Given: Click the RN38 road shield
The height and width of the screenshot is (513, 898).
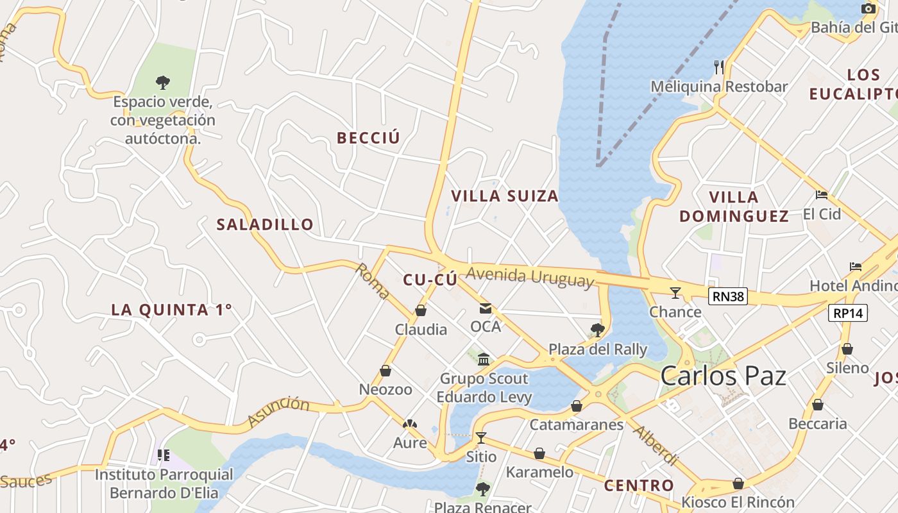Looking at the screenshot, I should tap(728, 296).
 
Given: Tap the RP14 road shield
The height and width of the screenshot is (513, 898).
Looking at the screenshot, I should tap(847, 313).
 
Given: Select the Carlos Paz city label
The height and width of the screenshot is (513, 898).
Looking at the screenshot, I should tap(723, 375).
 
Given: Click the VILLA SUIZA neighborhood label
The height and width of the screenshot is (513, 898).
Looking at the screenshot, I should tap(505, 196).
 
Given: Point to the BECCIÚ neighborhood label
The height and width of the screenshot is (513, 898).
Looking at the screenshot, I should tap(368, 138).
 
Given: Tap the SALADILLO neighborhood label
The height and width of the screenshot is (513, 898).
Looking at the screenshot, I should tap(265, 224).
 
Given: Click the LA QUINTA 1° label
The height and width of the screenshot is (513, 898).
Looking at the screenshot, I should tap(171, 310).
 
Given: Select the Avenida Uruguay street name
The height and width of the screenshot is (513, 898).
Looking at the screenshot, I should tap(530, 277).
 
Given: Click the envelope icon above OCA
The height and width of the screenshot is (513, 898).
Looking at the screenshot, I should tap(485, 308).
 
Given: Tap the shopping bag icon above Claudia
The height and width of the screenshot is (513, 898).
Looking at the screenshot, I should tap(421, 311).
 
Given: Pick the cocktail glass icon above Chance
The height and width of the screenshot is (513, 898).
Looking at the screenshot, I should tap(675, 293).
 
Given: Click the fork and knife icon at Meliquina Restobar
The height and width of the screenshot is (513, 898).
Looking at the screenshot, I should tap(719, 67).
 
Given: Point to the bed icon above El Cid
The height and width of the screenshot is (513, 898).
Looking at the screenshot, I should tap(821, 195).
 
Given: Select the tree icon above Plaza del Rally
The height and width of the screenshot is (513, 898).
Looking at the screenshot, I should tap(597, 330).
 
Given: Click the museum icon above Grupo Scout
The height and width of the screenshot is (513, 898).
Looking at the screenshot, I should tap(484, 359).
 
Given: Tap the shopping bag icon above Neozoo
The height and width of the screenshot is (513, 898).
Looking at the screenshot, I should tap(385, 371).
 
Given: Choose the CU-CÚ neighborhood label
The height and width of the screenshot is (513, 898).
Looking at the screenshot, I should tap(430, 280).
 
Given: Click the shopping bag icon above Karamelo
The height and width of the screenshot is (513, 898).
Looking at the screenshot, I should tap(539, 453).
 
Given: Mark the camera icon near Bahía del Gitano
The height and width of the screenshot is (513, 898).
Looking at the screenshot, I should tap(868, 8).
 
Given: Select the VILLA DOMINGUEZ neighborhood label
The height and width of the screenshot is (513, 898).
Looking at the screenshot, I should tap(734, 206).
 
